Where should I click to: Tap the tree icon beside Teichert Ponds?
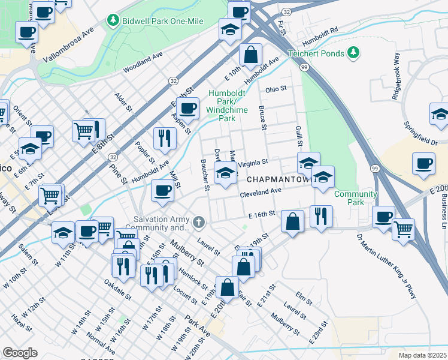[x=354, y=53]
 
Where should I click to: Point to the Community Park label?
[x=356, y=198]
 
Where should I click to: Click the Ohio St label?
[x=276, y=89]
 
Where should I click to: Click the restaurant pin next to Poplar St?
[x=164, y=138]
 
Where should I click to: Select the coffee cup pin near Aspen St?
[x=188, y=108]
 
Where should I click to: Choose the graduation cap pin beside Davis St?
[x=225, y=174]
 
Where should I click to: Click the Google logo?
[x=20, y=352]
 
